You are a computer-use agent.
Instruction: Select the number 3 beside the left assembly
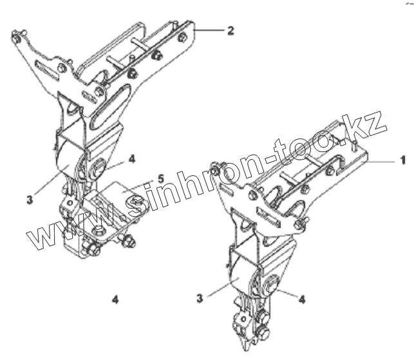tap(29, 200)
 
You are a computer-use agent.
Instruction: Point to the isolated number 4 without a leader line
tap(115, 299)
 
